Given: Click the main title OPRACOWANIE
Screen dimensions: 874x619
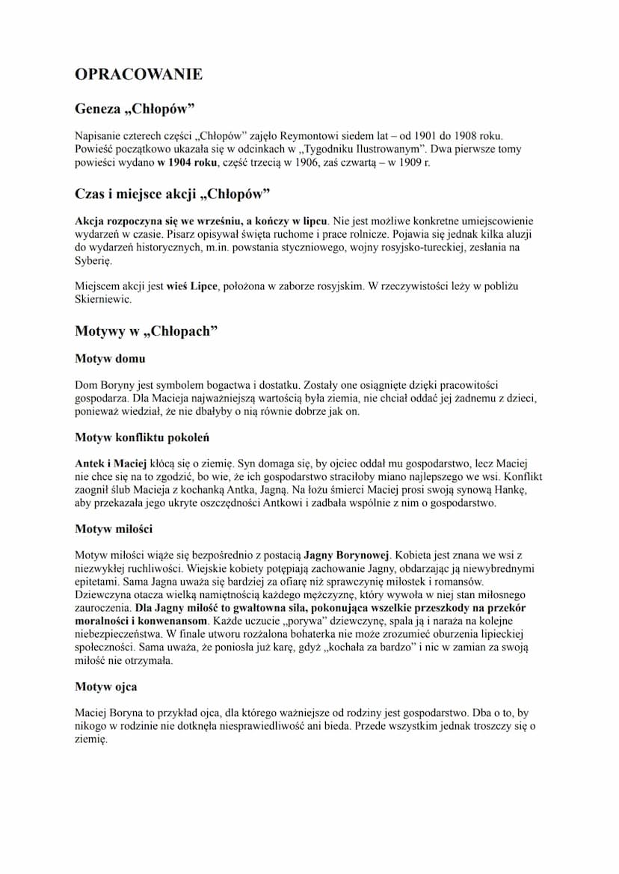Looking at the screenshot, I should [x=138, y=74].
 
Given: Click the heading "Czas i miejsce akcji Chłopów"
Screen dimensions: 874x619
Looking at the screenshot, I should [x=172, y=194].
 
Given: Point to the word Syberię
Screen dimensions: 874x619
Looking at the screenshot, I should [x=93, y=261].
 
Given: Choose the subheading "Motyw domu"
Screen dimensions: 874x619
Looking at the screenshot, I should [x=110, y=358].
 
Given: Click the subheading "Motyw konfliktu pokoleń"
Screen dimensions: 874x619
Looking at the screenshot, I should [x=144, y=437].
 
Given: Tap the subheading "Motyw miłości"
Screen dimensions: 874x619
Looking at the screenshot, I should [x=114, y=529].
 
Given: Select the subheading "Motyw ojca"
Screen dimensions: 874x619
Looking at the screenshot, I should [x=105, y=686].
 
